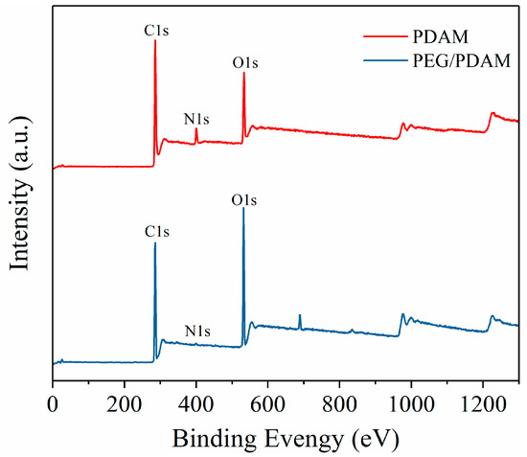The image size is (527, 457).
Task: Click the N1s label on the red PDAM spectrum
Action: coord(196,120)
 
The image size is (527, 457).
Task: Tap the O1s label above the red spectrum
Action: coord(245,63)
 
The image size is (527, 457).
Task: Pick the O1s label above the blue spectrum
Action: coord(245,201)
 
